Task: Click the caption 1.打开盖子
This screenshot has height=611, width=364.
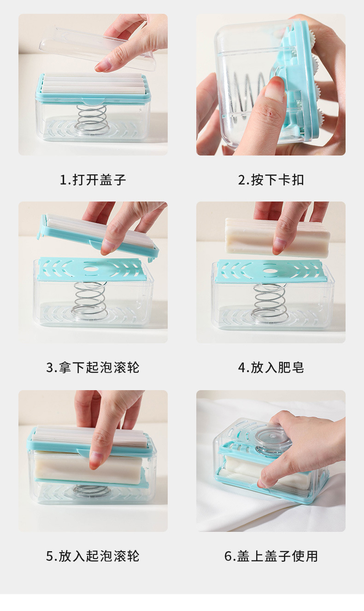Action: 93,180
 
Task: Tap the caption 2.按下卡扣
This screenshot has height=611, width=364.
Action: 271,180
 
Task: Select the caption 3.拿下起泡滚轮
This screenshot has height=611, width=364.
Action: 93,368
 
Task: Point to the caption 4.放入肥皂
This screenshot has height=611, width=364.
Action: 271,368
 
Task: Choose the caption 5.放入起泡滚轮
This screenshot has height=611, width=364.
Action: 93,556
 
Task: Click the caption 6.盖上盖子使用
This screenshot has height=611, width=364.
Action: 271,556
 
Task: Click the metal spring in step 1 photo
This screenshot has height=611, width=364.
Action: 92,119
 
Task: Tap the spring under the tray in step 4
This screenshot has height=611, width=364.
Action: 269,301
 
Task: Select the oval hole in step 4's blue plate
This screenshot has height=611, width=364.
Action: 270,271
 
